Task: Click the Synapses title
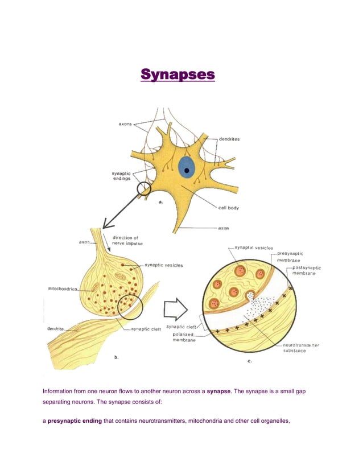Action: (x=178, y=75)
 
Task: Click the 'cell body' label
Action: (x=229, y=208)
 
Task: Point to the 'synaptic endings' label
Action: (x=121, y=176)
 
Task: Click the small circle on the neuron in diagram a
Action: (x=144, y=189)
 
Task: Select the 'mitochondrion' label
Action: (x=61, y=289)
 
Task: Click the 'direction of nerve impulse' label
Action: (x=127, y=240)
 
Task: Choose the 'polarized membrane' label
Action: (x=185, y=337)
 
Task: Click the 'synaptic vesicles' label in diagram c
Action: (x=254, y=248)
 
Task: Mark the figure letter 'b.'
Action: (x=116, y=357)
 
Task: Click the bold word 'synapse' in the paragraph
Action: (x=218, y=391)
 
